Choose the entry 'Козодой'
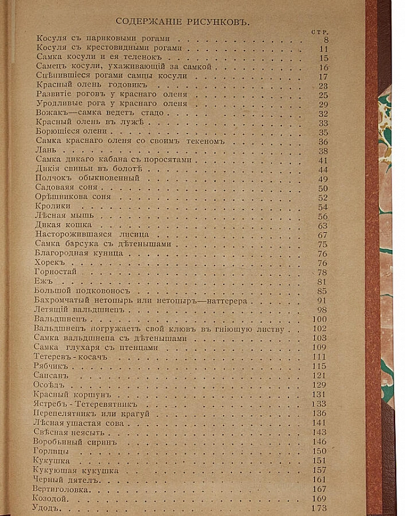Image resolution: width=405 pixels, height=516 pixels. click(49, 499)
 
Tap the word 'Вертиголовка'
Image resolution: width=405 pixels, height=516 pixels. click(60, 490)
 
